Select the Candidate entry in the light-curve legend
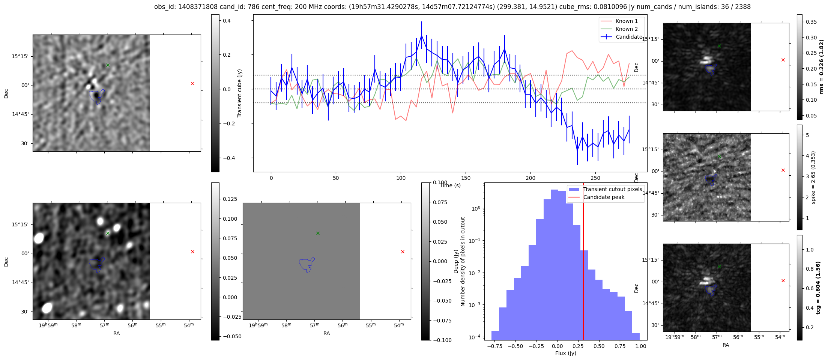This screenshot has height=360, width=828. point(629,37)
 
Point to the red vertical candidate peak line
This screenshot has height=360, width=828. point(583,263)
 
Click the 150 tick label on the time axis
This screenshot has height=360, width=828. point(466,178)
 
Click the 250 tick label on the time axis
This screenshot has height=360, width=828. point(595,178)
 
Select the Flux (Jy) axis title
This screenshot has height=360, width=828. point(565,353)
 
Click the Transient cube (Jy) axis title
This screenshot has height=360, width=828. point(240,93)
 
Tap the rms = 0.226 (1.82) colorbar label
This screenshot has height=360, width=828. point(821,67)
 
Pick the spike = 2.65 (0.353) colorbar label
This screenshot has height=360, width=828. point(813,177)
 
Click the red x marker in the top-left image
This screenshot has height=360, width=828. point(192,83)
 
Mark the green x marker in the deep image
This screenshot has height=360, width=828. point(108,233)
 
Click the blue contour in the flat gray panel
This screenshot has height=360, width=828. point(307,265)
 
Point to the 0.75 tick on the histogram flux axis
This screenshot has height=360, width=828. point(620,346)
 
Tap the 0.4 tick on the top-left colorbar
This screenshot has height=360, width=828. point(227,21)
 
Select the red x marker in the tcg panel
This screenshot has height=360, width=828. point(783,280)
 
